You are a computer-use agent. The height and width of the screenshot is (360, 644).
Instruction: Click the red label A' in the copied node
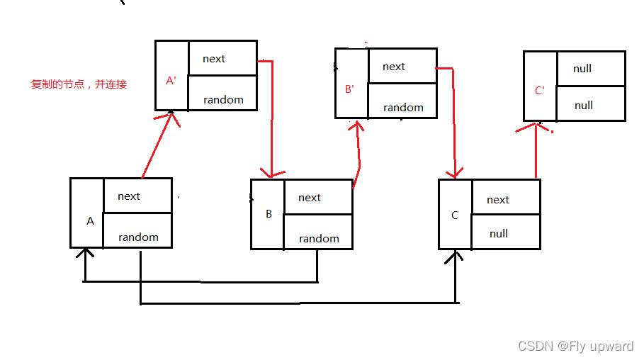(171, 81)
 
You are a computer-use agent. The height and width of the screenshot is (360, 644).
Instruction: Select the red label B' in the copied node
(349, 89)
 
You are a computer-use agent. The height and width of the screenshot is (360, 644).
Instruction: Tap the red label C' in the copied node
(540, 91)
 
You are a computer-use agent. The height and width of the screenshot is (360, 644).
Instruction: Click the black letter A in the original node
(90, 221)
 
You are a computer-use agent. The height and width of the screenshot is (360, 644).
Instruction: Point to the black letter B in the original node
(269, 214)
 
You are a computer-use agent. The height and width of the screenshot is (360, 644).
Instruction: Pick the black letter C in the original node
(455, 215)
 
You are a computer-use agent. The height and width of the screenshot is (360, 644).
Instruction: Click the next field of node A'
(214, 59)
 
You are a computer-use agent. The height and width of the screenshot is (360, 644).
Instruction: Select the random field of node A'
(223, 100)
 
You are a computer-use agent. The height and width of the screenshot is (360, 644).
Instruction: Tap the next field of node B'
(394, 67)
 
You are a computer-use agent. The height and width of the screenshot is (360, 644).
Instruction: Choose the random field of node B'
(403, 108)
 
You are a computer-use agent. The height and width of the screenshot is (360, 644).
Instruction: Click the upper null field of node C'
(582, 69)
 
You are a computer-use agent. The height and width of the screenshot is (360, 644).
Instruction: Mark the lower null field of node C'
(584, 106)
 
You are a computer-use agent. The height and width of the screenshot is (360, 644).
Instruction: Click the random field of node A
(138, 237)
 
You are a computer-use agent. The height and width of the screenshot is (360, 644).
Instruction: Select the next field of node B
(310, 198)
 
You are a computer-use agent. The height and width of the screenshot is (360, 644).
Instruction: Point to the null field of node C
(499, 234)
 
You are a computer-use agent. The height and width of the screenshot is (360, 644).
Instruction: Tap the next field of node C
(498, 200)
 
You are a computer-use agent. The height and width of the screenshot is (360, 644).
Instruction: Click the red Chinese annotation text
(79, 84)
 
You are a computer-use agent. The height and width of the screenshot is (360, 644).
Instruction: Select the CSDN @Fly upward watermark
(575, 347)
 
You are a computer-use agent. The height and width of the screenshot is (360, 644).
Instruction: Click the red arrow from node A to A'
(157, 145)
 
